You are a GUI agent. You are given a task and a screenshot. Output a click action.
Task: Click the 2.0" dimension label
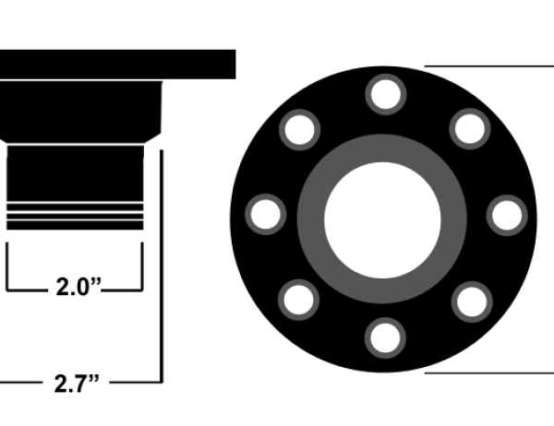coord(77,288)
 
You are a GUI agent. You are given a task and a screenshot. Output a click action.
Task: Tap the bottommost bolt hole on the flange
coord(384,336)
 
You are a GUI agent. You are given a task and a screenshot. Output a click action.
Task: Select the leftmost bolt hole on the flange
coord(265,214)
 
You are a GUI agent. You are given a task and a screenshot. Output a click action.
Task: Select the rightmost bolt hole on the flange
coord(505,214)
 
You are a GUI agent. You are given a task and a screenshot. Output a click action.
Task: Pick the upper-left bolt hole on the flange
coord(299,129)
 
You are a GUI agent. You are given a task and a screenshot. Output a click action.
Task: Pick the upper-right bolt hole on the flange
coord(470,129)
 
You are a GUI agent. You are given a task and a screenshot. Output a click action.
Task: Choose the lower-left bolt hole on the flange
coord(299,300)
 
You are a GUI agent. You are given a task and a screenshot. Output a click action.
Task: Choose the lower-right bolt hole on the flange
coord(470,300)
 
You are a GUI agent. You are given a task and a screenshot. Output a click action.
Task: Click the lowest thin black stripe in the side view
coord(75,225)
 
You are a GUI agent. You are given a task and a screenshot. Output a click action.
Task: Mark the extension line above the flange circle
coord(489,66)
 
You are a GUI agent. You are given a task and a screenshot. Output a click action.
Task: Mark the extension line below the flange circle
coord(489,373)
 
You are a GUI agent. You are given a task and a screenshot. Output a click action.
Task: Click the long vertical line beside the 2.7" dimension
coord(162,267)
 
